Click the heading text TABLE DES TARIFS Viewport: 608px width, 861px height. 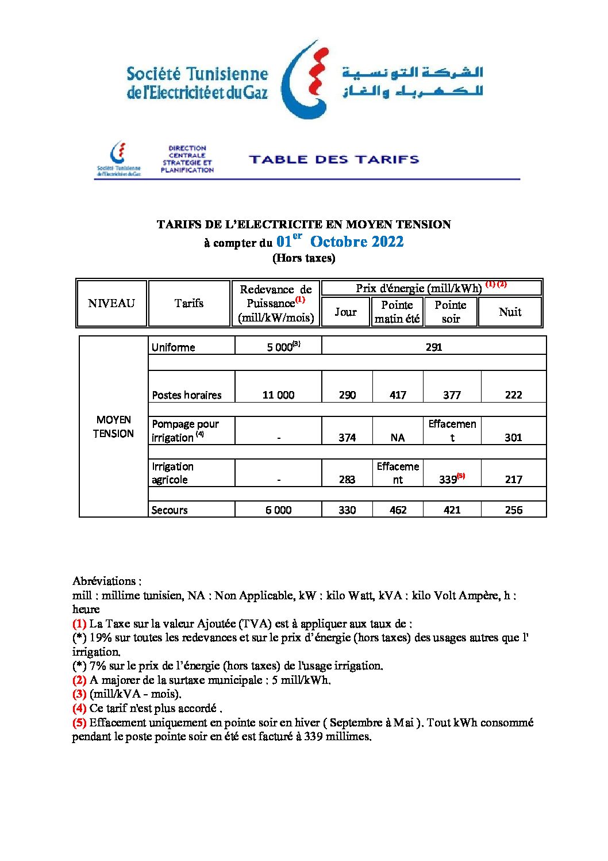(x=334, y=159)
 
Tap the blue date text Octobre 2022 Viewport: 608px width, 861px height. (x=356, y=242)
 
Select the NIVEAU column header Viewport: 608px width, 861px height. (x=111, y=303)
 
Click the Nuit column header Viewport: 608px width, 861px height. (x=510, y=312)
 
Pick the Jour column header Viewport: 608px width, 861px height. (x=345, y=312)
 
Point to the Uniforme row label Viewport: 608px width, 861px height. (x=173, y=347)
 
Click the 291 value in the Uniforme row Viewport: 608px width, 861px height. (x=434, y=347)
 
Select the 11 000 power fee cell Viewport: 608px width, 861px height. (x=278, y=395)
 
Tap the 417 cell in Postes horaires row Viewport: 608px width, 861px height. (x=398, y=395)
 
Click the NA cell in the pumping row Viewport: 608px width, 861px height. (x=398, y=438)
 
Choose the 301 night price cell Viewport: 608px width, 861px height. (x=513, y=438)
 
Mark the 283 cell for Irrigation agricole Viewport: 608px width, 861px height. (x=347, y=480)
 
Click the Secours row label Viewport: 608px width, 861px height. (x=170, y=510)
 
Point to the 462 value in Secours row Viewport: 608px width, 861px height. (x=398, y=510)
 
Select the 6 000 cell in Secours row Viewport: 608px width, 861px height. (x=278, y=510)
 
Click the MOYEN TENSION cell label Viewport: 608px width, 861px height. (x=113, y=427)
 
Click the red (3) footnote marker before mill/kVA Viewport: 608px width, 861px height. (x=79, y=694)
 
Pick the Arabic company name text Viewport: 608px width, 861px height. (x=413, y=82)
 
